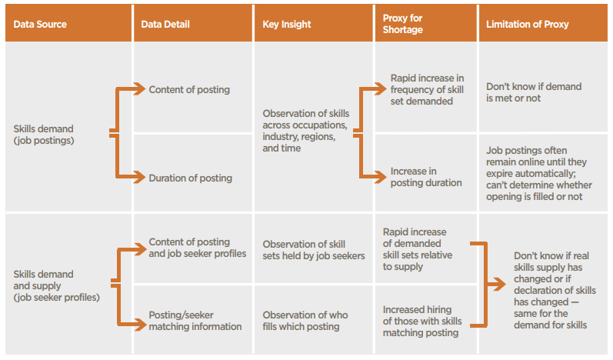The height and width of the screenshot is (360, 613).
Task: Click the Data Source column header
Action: (x=40, y=25)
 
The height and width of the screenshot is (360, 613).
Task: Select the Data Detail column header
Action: (x=165, y=25)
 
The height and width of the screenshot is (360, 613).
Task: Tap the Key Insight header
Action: (x=287, y=25)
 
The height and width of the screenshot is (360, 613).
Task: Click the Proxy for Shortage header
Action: (x=403, y=24)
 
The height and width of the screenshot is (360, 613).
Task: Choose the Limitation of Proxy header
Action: (x=527, y=25)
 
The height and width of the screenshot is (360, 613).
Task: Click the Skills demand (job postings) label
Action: (x=44, y=135)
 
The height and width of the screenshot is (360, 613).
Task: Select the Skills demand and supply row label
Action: (x=56, y=285)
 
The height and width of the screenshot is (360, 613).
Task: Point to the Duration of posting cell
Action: (x=191, y=178)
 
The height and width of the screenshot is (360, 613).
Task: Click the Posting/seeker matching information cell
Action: (x=195, y=321)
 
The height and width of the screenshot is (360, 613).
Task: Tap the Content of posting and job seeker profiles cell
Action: (x=198, y=248)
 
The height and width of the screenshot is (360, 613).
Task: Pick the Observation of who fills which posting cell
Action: (x=305, y=321)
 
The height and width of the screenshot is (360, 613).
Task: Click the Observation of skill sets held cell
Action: (x=314, y=250)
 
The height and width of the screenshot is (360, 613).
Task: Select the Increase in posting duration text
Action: (x=426, y=177)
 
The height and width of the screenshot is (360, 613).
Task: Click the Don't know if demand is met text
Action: (x=534, y=92)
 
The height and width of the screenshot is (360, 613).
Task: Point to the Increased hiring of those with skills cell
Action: (x=422, y=321)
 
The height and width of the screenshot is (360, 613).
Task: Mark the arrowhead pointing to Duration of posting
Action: (x=139, y=177)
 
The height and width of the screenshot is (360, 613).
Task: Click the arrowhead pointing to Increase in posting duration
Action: (x=381, y=177)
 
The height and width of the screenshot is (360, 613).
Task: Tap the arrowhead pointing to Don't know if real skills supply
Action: (x=500, y=284)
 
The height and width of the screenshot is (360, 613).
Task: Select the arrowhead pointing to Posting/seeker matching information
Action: (x=140, y=324)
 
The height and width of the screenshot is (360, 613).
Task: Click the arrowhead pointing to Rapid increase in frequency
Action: (x=381, y=88)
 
